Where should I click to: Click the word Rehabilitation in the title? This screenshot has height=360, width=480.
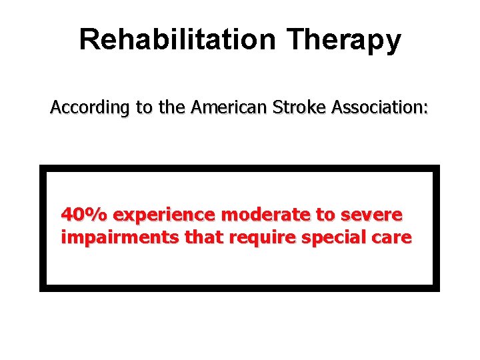pos(177,39)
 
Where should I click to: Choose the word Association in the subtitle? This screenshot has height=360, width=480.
pos(372,107)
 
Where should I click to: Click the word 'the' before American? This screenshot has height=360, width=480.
pos(173,107)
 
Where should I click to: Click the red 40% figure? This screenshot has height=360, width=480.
pos(85,215)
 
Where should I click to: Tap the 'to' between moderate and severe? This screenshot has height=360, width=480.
pos(327,215)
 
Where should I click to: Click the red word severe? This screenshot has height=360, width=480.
pos(371,215)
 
